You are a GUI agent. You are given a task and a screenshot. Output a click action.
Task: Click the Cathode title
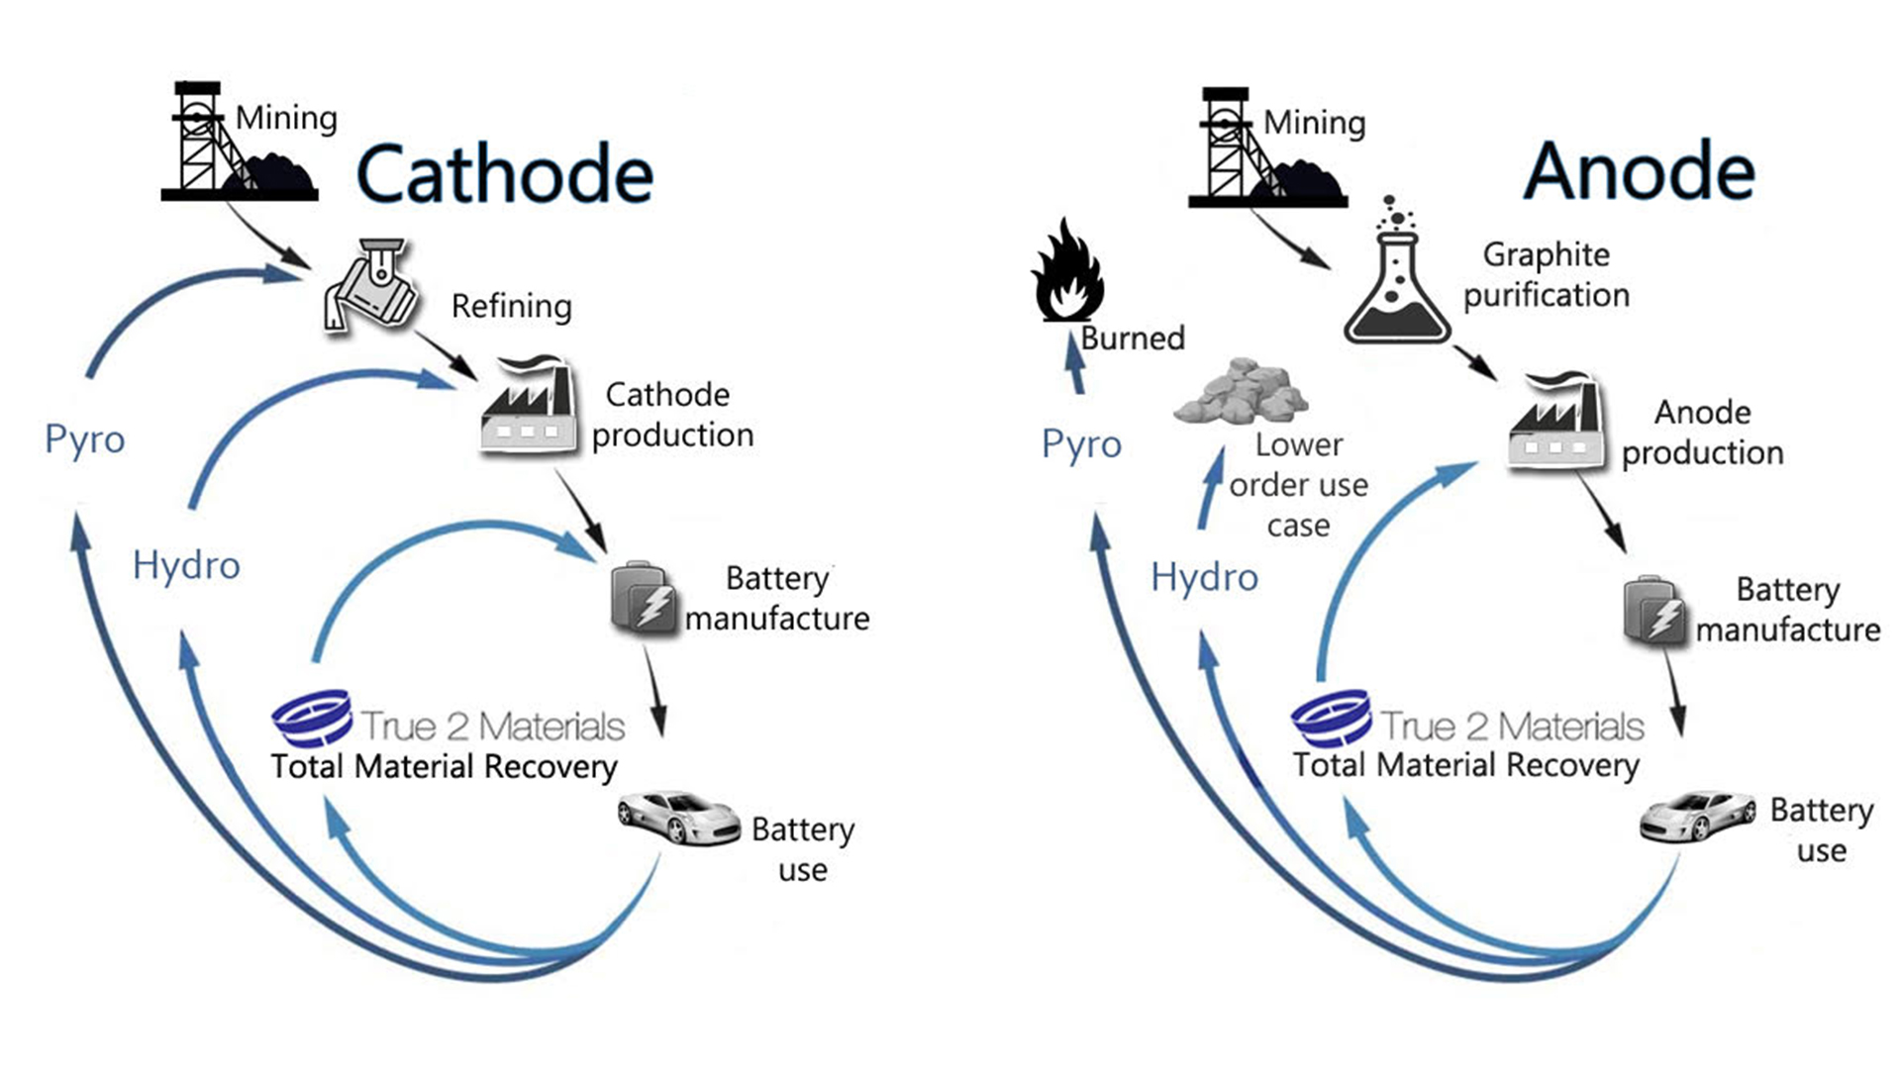click(504, 174)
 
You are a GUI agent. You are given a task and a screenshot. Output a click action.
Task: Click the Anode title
click(1639, 171)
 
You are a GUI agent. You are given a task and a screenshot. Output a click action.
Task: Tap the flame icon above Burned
click(1067, 271)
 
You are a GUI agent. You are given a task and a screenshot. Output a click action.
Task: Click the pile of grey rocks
click(1241, 393)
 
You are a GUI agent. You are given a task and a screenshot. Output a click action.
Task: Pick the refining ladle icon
click(370, 286)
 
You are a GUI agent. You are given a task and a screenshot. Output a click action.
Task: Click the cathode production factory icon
click(529, 407)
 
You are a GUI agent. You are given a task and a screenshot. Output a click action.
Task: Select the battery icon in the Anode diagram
click(1655, 610)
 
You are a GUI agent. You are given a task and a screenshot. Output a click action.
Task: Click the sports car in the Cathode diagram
click(678, 817)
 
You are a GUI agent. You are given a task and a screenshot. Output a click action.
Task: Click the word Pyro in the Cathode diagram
click(85, 439)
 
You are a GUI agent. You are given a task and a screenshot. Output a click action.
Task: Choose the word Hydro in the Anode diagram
click(1204, 577)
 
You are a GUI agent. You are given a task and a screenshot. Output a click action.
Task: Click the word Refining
click(511, 307)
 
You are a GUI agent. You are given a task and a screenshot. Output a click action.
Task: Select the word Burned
click(1133, 339)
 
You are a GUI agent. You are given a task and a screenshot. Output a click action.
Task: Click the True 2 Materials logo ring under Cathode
click(313, 717)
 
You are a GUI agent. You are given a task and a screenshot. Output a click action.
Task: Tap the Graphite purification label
click(1546, 275)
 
